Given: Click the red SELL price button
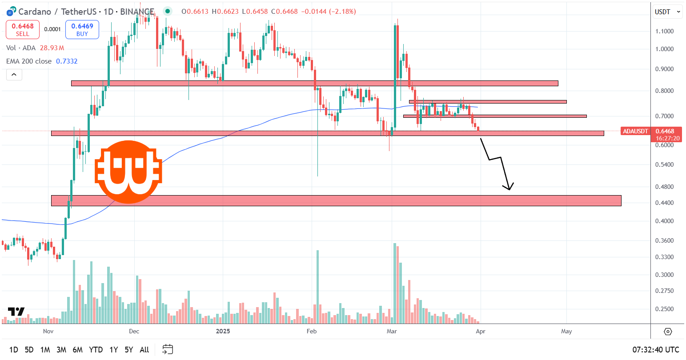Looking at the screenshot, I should pyautogui.click(x=23, y=30).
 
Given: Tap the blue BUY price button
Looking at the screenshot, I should pyautogui.click(x=82, y=30).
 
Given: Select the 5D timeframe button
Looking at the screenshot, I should pyautogui.click(x=29, y=350).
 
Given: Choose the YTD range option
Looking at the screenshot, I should pyautogui.click(x=96, y=350).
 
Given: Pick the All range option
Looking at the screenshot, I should pyautogui.click(x=144, y=350).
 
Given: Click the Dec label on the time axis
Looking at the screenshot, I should pyautogui.click(x=134, y=331).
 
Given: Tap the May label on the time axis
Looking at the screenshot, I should pyautogui.click(x=566, y=331).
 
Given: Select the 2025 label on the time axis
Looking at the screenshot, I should pyautogui.click(x=222, y=331).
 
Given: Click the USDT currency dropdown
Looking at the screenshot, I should pyautogui.click(x=667, y=12).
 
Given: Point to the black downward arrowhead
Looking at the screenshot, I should pyautogui.click(x=509, y=187).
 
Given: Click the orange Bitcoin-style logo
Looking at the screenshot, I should pyautogui.click(x=128, y=172).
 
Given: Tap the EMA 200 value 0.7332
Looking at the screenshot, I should pyautogui.click(x=67, y=61).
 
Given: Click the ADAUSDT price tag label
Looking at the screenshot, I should pyautogui.click(x=635, y=131).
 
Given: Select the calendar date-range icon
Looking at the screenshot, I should pyautogui.click(x=168, y=349).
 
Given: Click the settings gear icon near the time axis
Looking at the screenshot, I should pyautogui.click(x=668, y=332).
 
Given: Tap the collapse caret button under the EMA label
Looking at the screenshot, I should pyautogui.click(x=14, y=75).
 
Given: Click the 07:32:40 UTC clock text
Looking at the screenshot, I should pyautogui.click(x=656, y=350).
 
